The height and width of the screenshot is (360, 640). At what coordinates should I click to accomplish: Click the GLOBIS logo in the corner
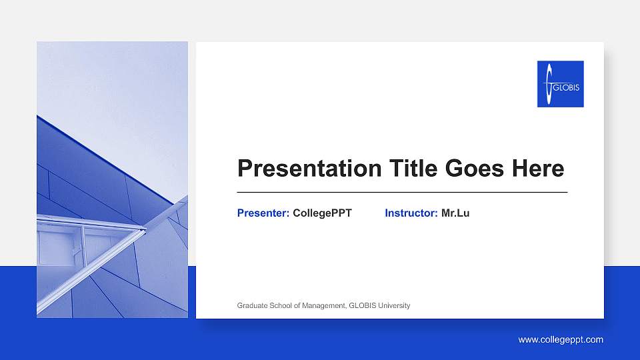coord(560,84)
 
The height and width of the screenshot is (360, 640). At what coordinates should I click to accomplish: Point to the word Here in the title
coord(538,169)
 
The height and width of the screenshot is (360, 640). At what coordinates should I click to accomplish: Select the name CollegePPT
coord(322,213)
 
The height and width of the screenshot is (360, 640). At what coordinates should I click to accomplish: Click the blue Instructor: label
coord(411,213)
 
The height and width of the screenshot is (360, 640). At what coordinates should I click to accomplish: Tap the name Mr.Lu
coord(455,213)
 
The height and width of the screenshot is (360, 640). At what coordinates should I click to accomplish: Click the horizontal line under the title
coord(402,192)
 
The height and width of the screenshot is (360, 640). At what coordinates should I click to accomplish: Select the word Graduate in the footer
coord(252,306)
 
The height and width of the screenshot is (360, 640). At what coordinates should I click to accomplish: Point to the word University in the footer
coord(394,306)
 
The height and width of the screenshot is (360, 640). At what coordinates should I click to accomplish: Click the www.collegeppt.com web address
coord(561,340)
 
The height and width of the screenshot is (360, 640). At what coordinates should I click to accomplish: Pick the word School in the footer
coord(280,306)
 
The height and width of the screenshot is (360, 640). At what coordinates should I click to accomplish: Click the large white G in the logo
coord(547,84)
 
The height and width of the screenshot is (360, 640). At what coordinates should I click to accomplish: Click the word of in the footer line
coord(298,306)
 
